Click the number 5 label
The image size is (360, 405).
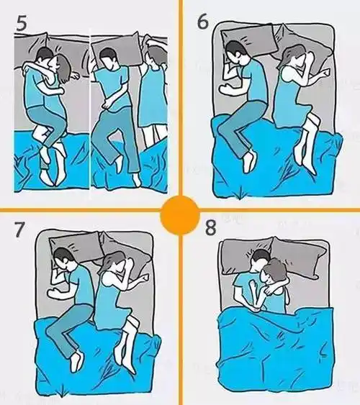pyautogui.click(x=22, y=24)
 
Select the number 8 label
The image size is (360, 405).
pyautogui.click(x=211, y=227)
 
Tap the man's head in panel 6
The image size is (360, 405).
pyautogui.click(x=237, y=54)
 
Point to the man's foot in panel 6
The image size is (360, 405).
pyautogui.click(x=250, y=161)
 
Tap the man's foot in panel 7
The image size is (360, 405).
pyautogui.click(x=77, y=360)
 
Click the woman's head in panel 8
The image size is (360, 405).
pyautogui.click(x=274, y=272)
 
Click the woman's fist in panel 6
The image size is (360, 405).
pyautogui.click(x=325, y=73)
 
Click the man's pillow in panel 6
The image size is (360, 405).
pyautogui.click(x=249, y=41)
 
